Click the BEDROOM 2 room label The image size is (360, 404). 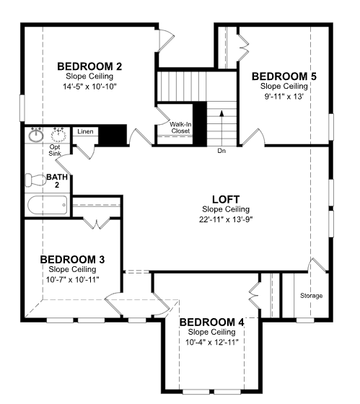tap(89, 66)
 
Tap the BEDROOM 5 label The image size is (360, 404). tap(284, 76)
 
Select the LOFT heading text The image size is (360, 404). tap(226, 199)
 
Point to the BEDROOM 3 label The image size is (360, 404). tap(72, 260)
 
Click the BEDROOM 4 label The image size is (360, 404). tap(211, 322)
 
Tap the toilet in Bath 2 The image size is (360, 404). tap(35, 180)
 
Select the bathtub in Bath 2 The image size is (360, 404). tap(48, 205)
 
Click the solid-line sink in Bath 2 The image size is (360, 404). tap(36, 135)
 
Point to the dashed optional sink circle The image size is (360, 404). tap(58, 135)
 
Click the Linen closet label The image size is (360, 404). tap(85, 131)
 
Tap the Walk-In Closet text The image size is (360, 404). tap(180, 128)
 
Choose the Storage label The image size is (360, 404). tap(311, 296)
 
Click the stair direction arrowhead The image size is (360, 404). tap(221, 113)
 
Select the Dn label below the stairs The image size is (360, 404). tap(221, 151)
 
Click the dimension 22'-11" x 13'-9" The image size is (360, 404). tap(226, 220)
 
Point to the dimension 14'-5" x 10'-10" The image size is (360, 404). tap(89, 87)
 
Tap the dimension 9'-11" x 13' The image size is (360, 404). tap(284, 97)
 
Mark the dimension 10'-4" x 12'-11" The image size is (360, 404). tap(212, 342)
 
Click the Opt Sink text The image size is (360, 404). tap(55, 150)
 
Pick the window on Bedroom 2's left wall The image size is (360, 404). tap(22, 108)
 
